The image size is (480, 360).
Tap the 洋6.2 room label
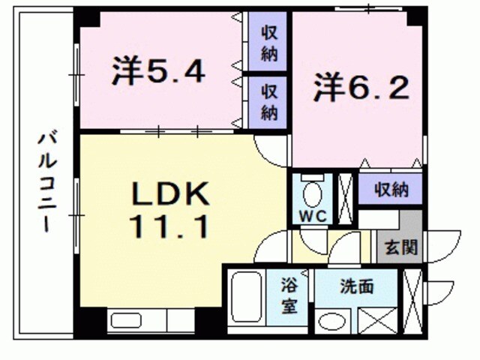(x=361, y=88)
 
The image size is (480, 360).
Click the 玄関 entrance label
(x=402, y=247)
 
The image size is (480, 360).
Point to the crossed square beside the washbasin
(x=373, y=321)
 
